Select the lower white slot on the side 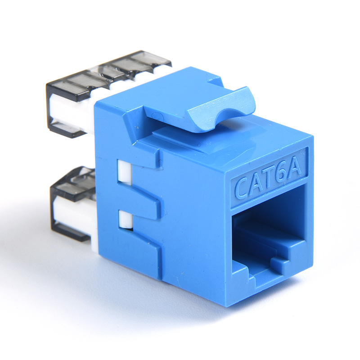point(126,220)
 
